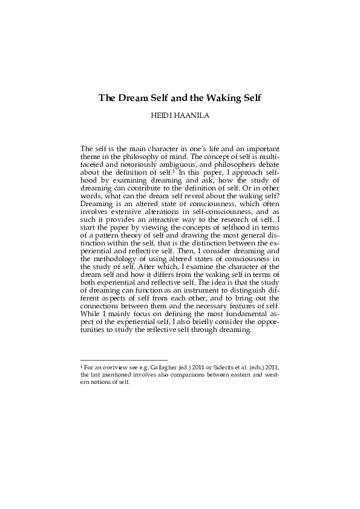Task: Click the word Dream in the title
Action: pos(136,97)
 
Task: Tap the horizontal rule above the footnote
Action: pos(123,359)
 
